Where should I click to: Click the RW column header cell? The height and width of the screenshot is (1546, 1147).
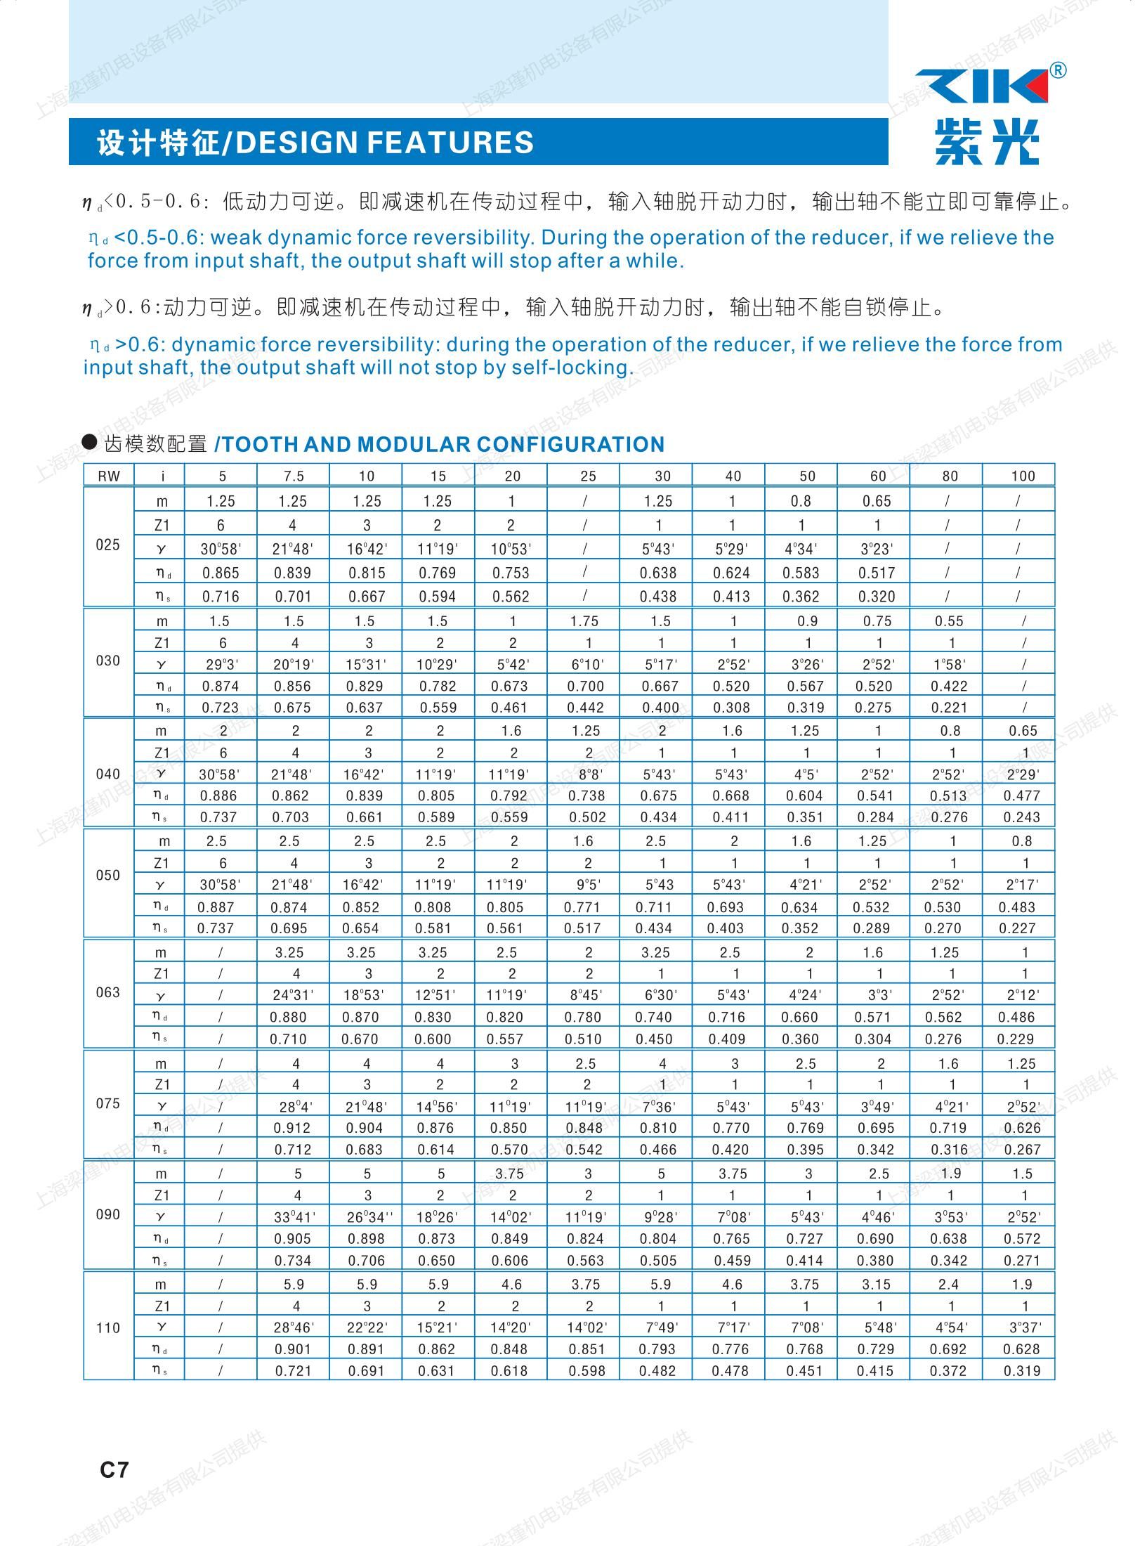[109, 476]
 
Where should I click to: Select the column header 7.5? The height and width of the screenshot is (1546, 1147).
[294, 476]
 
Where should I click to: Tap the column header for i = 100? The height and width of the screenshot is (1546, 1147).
[1023, 476]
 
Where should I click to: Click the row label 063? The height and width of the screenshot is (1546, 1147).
[108, 992]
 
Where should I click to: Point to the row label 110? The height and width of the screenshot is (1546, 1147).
[108, 1327]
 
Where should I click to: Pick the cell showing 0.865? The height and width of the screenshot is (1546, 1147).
[221, 573]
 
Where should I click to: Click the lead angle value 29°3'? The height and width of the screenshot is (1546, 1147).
[220, 664]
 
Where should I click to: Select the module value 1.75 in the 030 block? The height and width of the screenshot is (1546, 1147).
[584, 621]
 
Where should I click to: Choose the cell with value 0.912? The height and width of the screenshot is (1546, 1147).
[294, 1128]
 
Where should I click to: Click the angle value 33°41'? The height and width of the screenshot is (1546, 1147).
[294, 1217]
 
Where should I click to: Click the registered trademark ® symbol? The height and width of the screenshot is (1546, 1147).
[1058, 70]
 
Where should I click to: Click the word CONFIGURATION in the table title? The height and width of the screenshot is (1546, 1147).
[570, 444]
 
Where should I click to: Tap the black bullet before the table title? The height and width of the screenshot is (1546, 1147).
[90, 442]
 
